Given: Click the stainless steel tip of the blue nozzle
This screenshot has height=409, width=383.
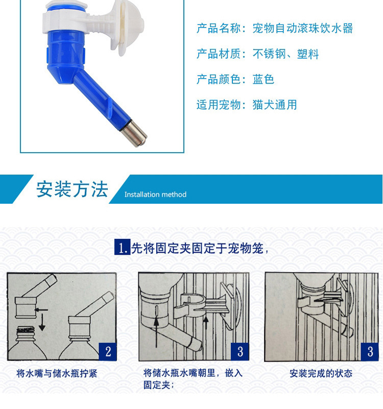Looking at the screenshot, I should coord(136,131).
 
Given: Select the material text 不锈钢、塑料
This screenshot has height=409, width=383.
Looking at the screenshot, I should coord(285,54).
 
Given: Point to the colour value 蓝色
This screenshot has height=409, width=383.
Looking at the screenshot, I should coord(264,79).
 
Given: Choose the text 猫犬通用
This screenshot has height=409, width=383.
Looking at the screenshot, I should coord(274,105).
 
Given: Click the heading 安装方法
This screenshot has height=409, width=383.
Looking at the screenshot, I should coord(72,189).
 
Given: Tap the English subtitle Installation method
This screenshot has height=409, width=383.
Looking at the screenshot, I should coord(155,195).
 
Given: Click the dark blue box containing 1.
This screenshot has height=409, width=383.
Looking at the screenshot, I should coord(122,248).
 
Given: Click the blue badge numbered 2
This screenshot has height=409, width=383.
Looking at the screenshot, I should coord(108,351).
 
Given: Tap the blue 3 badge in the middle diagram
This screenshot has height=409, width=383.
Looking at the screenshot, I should coord(240,351).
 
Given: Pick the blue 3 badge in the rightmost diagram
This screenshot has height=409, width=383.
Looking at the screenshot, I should coord(370,351).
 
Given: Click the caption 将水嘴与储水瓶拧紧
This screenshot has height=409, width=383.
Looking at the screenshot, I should coord(57,374).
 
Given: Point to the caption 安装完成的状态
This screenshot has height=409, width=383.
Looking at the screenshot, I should coord(321,374).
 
